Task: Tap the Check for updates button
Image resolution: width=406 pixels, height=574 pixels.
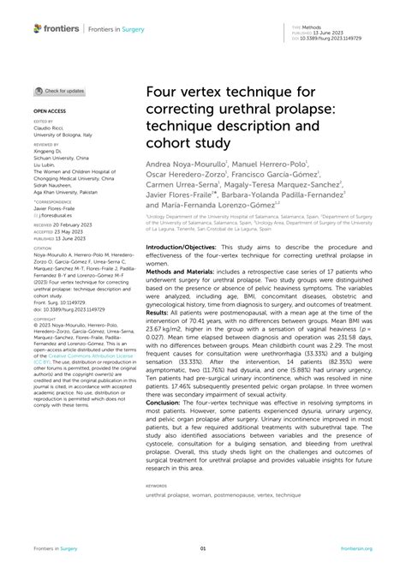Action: coord(59,90)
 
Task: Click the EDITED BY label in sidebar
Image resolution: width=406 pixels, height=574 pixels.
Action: coord(42,122)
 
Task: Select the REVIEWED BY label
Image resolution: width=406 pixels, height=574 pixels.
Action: coord(45,145)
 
